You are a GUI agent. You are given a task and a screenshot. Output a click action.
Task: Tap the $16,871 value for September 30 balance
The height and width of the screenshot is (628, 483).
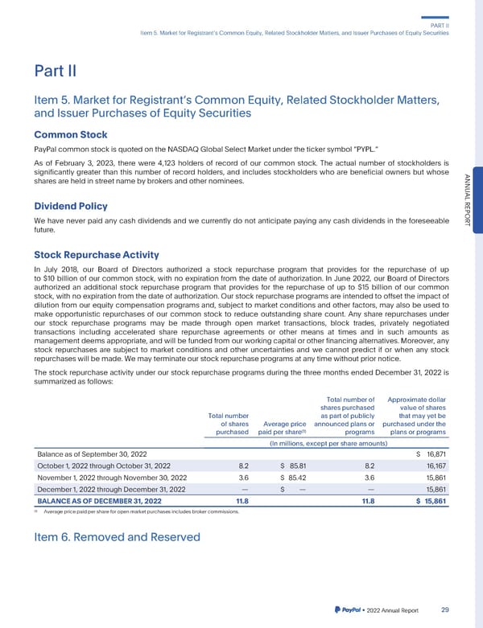click(x=431, y=454)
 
